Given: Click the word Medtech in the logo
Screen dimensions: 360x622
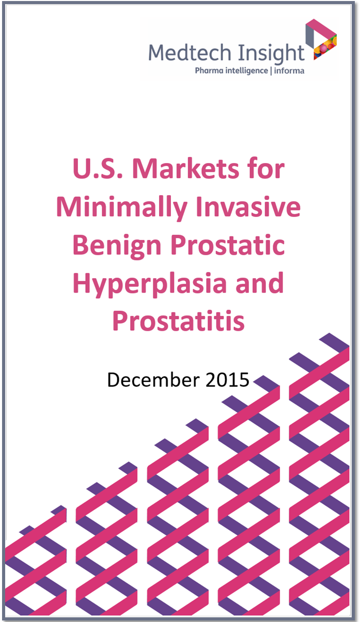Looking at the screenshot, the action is click(190, 52).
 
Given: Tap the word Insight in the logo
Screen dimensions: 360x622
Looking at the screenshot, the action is click(271, 54).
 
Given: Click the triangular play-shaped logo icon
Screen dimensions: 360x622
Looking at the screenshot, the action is click(321, 39).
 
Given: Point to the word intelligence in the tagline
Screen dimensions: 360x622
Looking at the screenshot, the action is click(246, 71).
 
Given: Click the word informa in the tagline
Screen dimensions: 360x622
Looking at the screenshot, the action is click(289, 71).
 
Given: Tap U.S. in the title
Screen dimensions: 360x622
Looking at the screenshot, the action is click(97, 169).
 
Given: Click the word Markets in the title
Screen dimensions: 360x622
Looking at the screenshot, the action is click(185, 169).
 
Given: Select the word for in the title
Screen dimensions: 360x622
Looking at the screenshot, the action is click(267, 169).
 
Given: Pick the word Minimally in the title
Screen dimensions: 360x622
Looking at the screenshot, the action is click(121, 208).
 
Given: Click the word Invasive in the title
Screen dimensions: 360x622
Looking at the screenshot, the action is click(248, 207).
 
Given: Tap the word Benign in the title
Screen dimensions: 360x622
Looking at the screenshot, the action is click(117, 246).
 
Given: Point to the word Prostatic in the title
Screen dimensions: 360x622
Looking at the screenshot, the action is click(228, 245).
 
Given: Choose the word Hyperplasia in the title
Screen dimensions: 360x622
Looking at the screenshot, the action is click(149, 284).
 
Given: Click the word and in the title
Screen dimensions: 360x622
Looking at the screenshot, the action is click(259, 283).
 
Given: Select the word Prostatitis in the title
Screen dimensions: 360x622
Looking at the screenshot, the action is click(178, 321).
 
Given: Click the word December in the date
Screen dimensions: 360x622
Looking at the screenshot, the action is click(153, 379).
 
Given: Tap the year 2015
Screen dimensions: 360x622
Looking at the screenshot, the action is click(227, 380).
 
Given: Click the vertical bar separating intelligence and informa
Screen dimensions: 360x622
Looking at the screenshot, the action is click(271, 71).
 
